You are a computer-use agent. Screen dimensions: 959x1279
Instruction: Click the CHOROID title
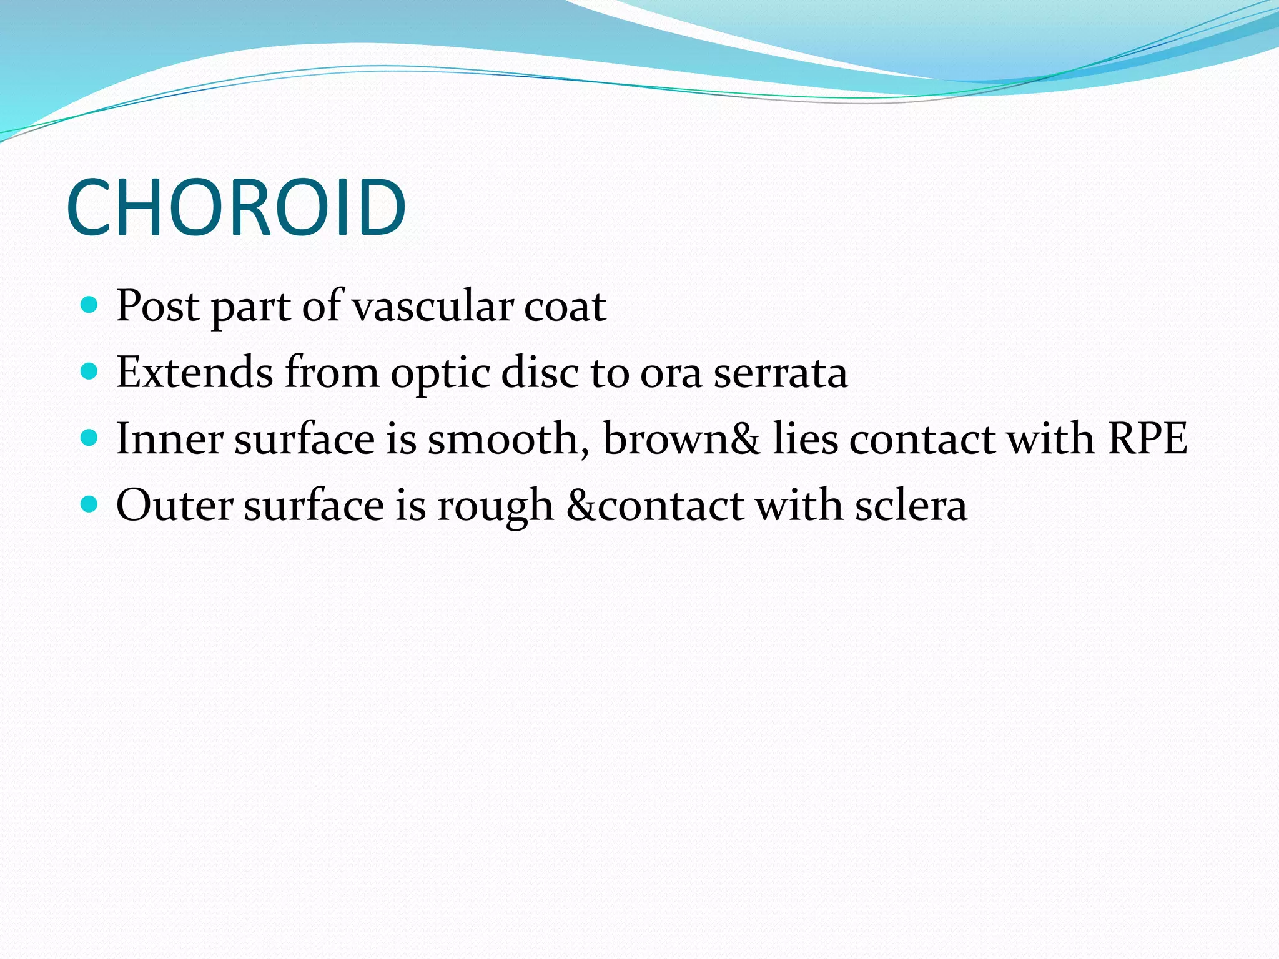(x=236, y=207)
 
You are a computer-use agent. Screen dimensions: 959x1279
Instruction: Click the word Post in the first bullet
(x=158, y=306)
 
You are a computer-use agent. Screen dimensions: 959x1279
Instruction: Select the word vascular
(x=432, y=306)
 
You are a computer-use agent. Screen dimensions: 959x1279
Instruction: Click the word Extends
(x=194, y=373)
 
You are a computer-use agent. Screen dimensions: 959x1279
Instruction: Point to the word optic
(x=440, y=373)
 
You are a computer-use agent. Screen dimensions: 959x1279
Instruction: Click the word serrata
(x=781, y=373)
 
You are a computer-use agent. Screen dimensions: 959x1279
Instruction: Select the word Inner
(x=169, y=439)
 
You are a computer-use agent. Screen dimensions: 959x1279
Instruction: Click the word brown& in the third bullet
(x=681, y=439)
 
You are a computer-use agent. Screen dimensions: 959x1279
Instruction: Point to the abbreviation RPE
(x=1147, y=439)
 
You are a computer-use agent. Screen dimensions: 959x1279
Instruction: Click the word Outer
(x=175, y=505)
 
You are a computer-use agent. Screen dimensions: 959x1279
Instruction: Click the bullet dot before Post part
(x=90, y=305)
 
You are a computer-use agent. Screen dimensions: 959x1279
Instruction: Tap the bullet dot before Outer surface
(x=90, y=504)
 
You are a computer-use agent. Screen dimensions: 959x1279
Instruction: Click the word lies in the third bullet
(x=805, y=439)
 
